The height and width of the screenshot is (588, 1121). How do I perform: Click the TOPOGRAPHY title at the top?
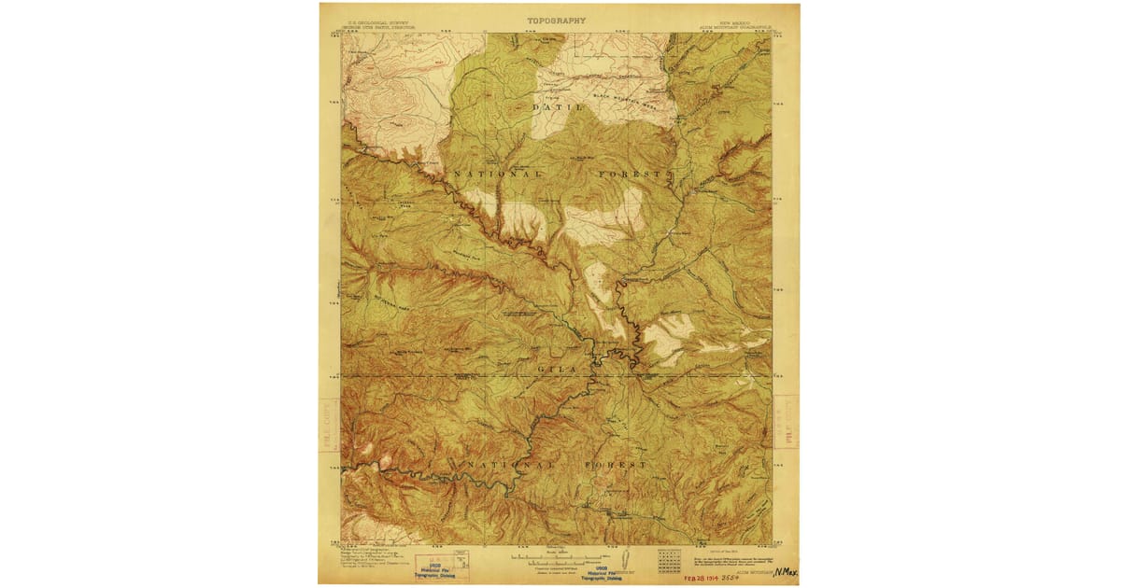coord(556,21)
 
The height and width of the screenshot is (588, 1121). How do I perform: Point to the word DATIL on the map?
coord(557,108)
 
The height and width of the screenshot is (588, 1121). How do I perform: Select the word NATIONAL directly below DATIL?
coord(498,175)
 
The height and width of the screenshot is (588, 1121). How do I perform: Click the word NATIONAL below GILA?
coord(500,464)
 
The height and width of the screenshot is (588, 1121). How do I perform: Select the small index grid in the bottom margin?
coord(669,559)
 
